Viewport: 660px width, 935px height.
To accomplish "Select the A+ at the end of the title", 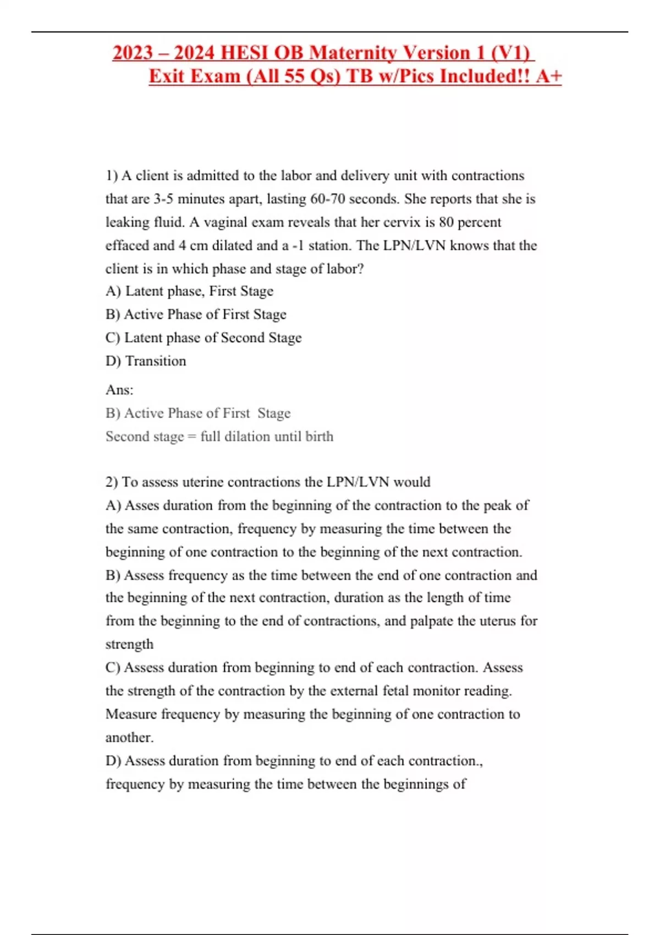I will [x=548, y=76].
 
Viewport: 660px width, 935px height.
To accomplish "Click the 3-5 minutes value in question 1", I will [x=163, y=199].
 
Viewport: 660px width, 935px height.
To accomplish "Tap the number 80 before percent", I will [x=446, y=222].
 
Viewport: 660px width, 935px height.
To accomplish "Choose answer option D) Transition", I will [x=146, y=361].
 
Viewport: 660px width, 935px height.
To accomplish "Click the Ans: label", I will [x=119, y=390].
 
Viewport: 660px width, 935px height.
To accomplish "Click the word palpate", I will [x=432, y=621].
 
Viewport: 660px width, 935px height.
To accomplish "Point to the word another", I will [x=129, y=738].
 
